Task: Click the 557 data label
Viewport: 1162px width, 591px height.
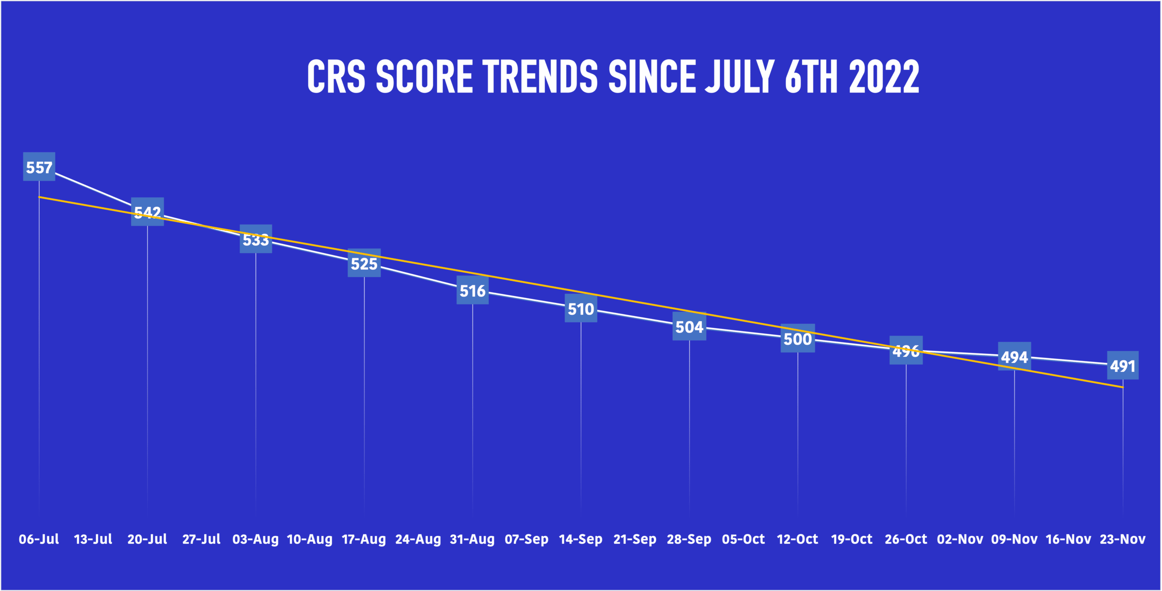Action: click(x=39, y=167)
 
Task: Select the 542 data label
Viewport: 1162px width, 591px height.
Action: click(x=148, y=212)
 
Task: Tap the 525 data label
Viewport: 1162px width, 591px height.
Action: click(x=364, y=263)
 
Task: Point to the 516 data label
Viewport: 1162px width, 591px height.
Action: click(x=473, y=290)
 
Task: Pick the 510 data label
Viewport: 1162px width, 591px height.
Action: click(x=581, y=308)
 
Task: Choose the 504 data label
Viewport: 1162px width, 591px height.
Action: click(x=689, y=327)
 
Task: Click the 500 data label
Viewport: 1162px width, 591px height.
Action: click(x=798, y=338)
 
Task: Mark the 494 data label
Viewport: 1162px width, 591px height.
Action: click(x=1014, y=357)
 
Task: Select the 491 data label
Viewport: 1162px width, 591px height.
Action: click(x=1123, y=366)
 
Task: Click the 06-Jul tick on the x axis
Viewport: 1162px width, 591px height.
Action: click(x=39, y=539)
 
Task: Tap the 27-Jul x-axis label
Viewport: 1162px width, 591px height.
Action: click(x=202, y=539)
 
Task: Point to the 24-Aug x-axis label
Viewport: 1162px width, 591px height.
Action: click(x=418, y=539)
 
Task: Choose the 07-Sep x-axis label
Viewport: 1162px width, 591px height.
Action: click(x=527, y=539)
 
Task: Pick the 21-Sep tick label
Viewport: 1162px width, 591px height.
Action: click(x=635, y=539)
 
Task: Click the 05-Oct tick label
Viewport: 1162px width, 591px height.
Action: click(x=743, y=539)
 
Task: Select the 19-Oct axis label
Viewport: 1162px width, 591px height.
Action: click(x=852, y=539)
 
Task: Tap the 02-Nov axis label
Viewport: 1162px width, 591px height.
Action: click(x=960, y=539)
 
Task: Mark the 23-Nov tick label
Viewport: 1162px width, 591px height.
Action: click(x=1123, y=539)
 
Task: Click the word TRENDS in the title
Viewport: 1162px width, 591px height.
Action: click(x=540, y=76)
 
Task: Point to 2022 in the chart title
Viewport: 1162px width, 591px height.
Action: click(x=884, y=76)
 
